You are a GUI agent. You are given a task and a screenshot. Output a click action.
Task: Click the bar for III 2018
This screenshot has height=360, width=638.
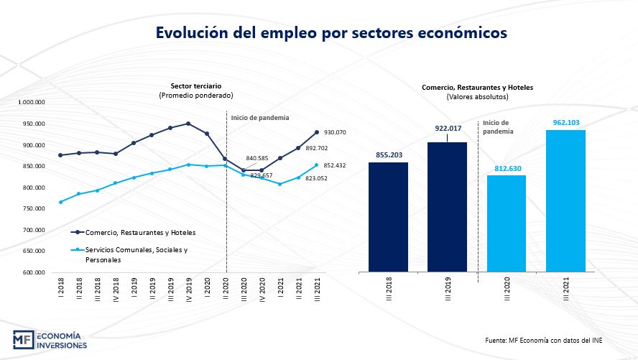[x=388, y=217]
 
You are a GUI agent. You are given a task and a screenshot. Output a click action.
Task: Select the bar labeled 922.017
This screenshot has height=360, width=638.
[x=447, y=207]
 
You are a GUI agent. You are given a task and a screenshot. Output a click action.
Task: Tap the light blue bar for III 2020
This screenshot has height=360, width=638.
[x=507, y=223]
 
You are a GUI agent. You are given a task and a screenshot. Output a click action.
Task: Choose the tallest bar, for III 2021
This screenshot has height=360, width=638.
[x=565, y=201]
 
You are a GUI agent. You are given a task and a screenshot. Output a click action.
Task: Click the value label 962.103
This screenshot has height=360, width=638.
[x=565, y=123]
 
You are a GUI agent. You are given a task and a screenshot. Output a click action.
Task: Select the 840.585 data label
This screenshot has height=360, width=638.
[x=257, y=158]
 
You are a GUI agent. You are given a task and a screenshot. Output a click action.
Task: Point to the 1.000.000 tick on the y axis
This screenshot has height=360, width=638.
[x=31, y=103]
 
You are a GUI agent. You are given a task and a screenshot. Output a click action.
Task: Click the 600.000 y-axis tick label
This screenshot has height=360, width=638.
[x=33, y=273]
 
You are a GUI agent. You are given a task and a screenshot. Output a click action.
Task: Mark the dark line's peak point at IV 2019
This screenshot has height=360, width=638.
[x=188, y=124]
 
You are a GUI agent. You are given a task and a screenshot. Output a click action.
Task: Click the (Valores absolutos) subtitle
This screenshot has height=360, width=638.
[x=477, y=96]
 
